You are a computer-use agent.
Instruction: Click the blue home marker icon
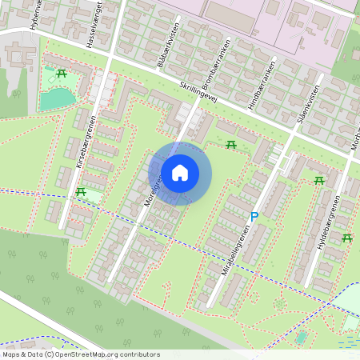[x=180, y=173]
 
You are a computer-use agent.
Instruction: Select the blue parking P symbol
[x=254, y=216]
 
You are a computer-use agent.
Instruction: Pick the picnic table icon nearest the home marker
[x=231, y=144]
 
